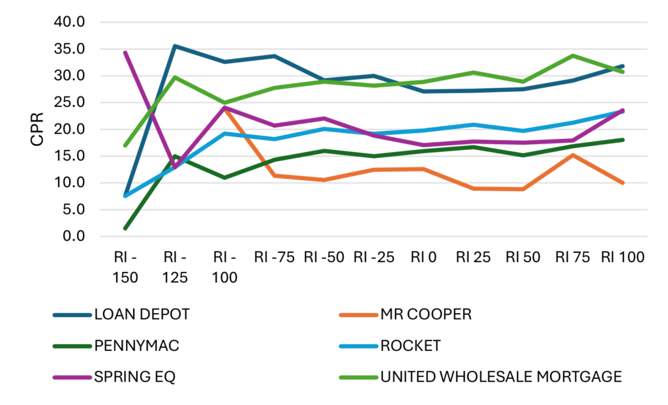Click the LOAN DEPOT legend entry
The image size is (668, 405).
[142, 314]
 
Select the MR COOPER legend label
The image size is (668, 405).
[425, 314]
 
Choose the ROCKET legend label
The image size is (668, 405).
[410, 346]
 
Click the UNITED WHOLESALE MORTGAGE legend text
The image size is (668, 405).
[501, 377]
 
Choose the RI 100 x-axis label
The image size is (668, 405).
[622, 258]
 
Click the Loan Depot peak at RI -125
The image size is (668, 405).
[175, 46]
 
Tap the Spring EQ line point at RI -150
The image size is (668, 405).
[125, 52]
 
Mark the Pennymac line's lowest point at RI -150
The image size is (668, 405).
[125, 228]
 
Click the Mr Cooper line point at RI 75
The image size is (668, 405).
[573, 155]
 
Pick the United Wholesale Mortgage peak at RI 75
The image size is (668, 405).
[573, 56]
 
